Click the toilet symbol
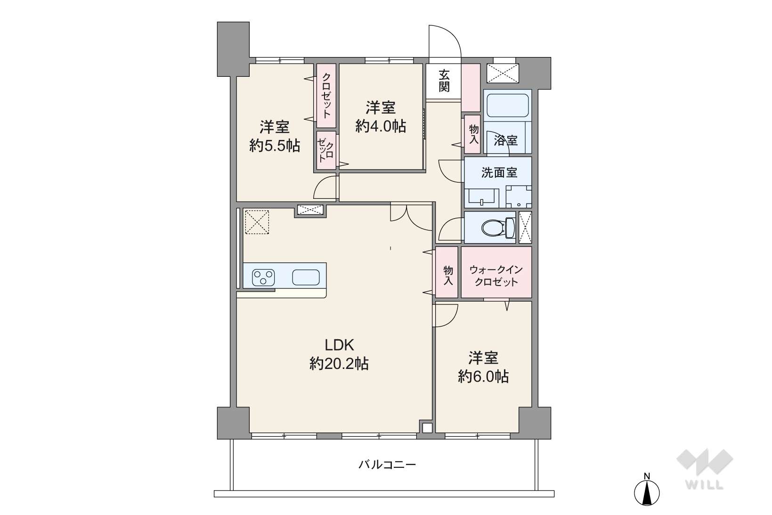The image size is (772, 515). coord(498,228)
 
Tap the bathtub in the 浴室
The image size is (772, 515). coord(508,106)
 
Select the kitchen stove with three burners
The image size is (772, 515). coord(263,277)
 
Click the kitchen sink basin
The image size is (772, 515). coord(306,277)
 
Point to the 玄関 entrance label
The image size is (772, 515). coord(444,81)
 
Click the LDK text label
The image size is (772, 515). coord(340,344)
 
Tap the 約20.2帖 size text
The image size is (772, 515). coord(339,364)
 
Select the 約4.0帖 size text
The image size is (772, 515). coord(381,126)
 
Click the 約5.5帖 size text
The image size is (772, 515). coord(275,146)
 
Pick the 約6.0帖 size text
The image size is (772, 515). coord(483,376)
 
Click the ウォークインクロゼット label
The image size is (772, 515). coord(496,276)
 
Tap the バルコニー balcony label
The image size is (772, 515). coord(387,465)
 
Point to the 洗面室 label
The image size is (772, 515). coord(499,173)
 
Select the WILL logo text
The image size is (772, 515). coord(705,485)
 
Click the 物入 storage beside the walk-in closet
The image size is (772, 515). coord(447,276)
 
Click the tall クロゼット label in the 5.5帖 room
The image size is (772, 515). coord(326,96)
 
